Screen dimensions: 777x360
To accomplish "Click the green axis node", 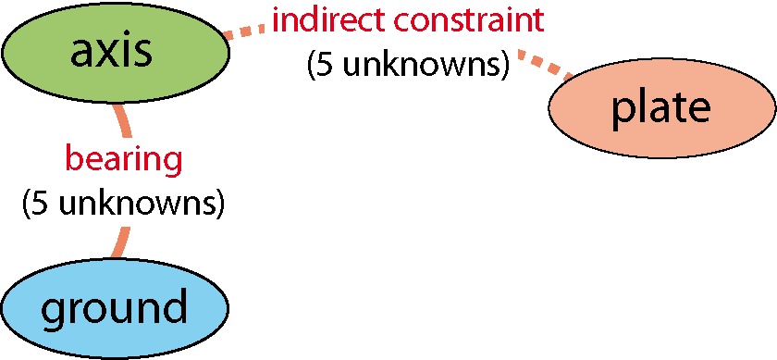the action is pos(115,52).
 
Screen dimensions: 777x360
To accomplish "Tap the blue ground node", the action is pos(115,307).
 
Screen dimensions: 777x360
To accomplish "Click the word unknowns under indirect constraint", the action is pos(420,66).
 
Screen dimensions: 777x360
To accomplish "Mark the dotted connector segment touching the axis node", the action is pos(244,31).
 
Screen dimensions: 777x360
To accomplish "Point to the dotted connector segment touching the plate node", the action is pos(545,64).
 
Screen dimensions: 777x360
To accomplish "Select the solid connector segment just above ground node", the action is pos(120,242).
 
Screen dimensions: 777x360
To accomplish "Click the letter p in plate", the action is pos(622,113).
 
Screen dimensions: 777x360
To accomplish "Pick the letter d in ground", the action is pos(175,306).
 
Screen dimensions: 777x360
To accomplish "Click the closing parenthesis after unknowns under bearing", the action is pos(219,205).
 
